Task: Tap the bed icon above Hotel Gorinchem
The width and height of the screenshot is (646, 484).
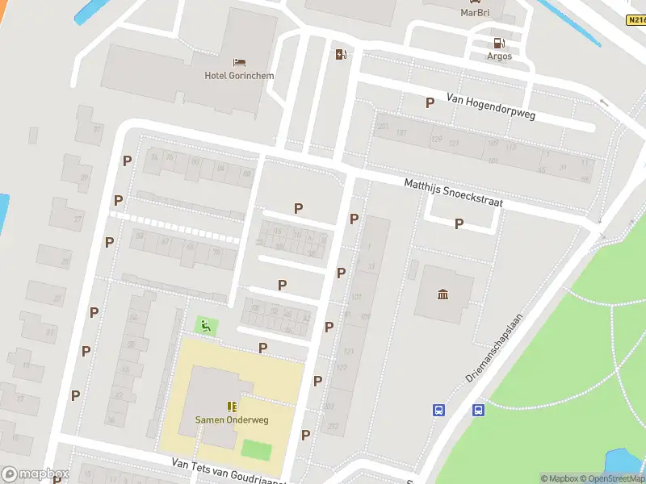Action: click(239, 62)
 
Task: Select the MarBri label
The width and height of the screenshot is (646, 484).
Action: click(476, 13)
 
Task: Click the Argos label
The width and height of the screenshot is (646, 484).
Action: click(498, 57)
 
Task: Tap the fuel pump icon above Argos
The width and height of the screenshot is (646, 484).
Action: click(498, 43)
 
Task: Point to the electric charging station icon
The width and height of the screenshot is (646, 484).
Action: click(342, 54)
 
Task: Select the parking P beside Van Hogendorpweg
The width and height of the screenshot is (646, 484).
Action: click(430, 102)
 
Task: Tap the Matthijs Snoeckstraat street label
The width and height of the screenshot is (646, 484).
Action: click(453, 194)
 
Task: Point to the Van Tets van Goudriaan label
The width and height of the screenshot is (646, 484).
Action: click(229, 470)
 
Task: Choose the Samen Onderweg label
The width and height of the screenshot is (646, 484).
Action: click(231, 419)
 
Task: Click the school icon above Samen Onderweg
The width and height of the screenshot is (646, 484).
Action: click(232, 407)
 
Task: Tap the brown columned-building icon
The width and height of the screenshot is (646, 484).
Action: click(443, 294)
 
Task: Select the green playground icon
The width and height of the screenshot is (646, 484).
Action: click(206, 326)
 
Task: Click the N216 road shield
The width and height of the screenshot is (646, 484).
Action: click(636, 19)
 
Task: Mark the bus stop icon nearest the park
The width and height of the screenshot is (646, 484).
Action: click(478, 410)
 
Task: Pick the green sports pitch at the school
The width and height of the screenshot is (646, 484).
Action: click(257, 449)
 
